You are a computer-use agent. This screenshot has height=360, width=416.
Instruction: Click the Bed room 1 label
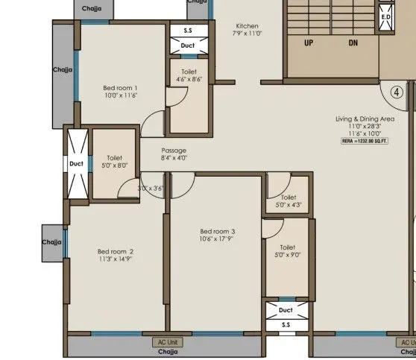[120, 88]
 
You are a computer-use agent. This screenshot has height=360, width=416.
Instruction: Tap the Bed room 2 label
[116, 251]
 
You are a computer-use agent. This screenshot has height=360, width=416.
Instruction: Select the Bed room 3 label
[217, 231]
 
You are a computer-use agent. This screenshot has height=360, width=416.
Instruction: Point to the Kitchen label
[247, 25]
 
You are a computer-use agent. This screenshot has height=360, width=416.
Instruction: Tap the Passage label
[174, 150]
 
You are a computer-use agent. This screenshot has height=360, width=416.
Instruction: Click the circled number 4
[397, 93]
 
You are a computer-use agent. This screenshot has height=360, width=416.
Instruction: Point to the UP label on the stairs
[308, 43]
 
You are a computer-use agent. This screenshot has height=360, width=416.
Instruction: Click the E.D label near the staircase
[385, 16]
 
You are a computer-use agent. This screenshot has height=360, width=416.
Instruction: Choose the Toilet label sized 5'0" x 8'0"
[114, 158]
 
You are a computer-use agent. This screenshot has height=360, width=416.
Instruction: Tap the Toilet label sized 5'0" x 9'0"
[287, 247]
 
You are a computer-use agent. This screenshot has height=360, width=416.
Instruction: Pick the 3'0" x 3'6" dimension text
[151, 189]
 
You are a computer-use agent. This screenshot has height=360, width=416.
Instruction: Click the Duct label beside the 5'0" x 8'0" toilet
[77, 163]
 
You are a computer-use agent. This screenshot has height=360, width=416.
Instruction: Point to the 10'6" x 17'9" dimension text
[217, 239]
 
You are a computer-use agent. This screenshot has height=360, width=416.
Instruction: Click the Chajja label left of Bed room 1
[63, 69]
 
